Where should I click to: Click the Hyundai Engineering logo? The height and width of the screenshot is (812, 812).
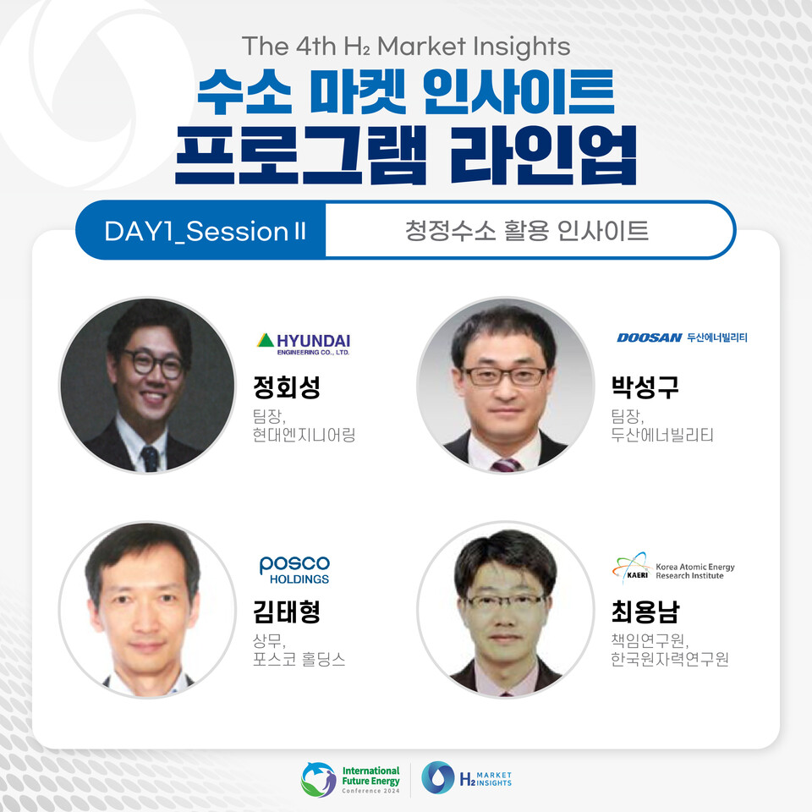pos(302,343)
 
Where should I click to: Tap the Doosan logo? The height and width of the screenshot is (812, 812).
pos(682,337)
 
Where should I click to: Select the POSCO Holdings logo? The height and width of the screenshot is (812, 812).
pos(294,569)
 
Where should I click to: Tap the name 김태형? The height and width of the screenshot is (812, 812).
pos(287,611)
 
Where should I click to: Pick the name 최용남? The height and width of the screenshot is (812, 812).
pos(645,611)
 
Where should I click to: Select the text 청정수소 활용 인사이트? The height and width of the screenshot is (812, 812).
pos(527,231)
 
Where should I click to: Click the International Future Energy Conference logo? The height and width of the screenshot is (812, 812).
pos(351,778)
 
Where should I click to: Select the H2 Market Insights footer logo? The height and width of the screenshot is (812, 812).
pos(467,778)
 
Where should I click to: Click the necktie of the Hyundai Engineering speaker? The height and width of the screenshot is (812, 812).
pos(150,458)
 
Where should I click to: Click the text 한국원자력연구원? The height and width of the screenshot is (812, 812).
pos(668,659)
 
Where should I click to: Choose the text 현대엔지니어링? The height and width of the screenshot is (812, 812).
pos(304,435)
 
